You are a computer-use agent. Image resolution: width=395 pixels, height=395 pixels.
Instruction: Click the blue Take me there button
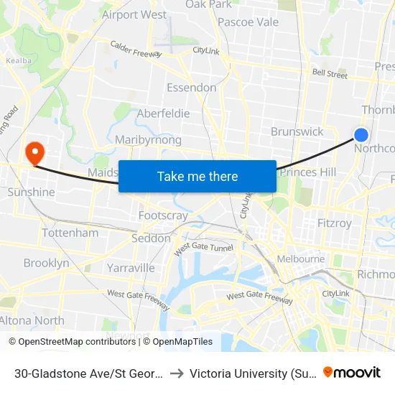[x=197, y=176]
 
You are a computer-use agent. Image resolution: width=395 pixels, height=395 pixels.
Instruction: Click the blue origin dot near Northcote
[x=361, y=135]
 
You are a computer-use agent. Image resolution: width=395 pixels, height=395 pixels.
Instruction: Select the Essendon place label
[x=191, y=88]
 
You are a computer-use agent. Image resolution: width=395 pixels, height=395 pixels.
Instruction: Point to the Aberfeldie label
[x=163, y=114]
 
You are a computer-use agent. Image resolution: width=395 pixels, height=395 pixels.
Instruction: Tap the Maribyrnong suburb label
[x=148, y=139]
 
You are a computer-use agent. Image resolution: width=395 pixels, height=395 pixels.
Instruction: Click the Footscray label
[x=163, y=215]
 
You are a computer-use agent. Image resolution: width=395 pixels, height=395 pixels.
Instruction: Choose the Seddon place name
[x=152, y=238]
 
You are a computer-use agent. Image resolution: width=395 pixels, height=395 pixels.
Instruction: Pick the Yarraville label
[x=131, y=268]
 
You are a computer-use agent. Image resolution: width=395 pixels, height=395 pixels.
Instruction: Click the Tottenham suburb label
[x=70, y=233]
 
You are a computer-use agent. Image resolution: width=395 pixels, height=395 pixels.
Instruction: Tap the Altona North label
[x=32, y=320]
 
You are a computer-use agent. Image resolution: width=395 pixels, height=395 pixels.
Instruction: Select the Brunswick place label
[x=297, y=131]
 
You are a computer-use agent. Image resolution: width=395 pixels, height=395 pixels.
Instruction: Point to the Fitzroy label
[x=335, y=223]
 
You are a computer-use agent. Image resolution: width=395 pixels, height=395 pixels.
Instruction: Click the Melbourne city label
[x=301, y=259]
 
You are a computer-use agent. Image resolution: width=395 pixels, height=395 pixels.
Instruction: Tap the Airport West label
[x=134, y=14]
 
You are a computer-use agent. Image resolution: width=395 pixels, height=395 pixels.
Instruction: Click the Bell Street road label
[x=330, y=74]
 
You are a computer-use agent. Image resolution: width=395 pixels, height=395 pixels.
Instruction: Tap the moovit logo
[x=351, y=372]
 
